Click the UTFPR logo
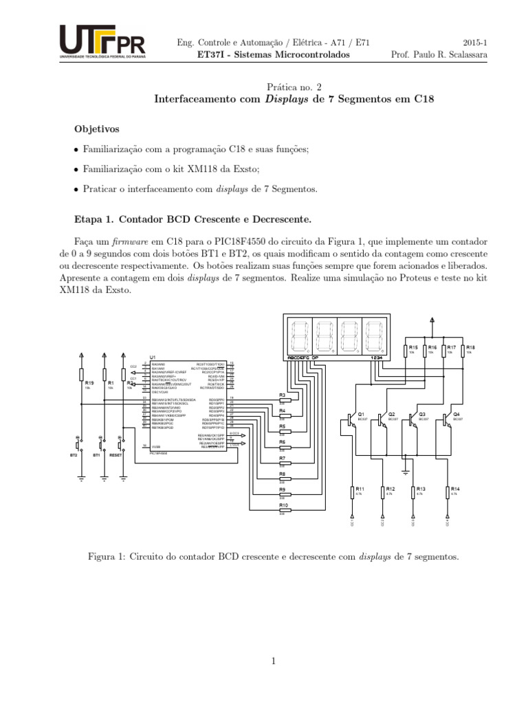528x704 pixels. click(x=102, y=43)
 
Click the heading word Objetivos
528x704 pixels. click(x=97, y=129)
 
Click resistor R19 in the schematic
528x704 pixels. click(x=89, y=382)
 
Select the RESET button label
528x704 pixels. click(x=115, y=455)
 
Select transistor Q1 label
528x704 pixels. click(x=360, y=415)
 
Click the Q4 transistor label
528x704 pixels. click(x=456, y=415)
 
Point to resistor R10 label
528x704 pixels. click(x=283, y=505)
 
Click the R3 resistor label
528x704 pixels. click(x=282, y=395)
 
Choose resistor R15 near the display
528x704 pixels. click(x=413, y=348)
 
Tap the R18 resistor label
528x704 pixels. click(x=470, y=348)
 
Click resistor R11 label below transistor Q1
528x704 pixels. click(x=360, y=489)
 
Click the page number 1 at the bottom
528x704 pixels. click(x=273, y=661)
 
